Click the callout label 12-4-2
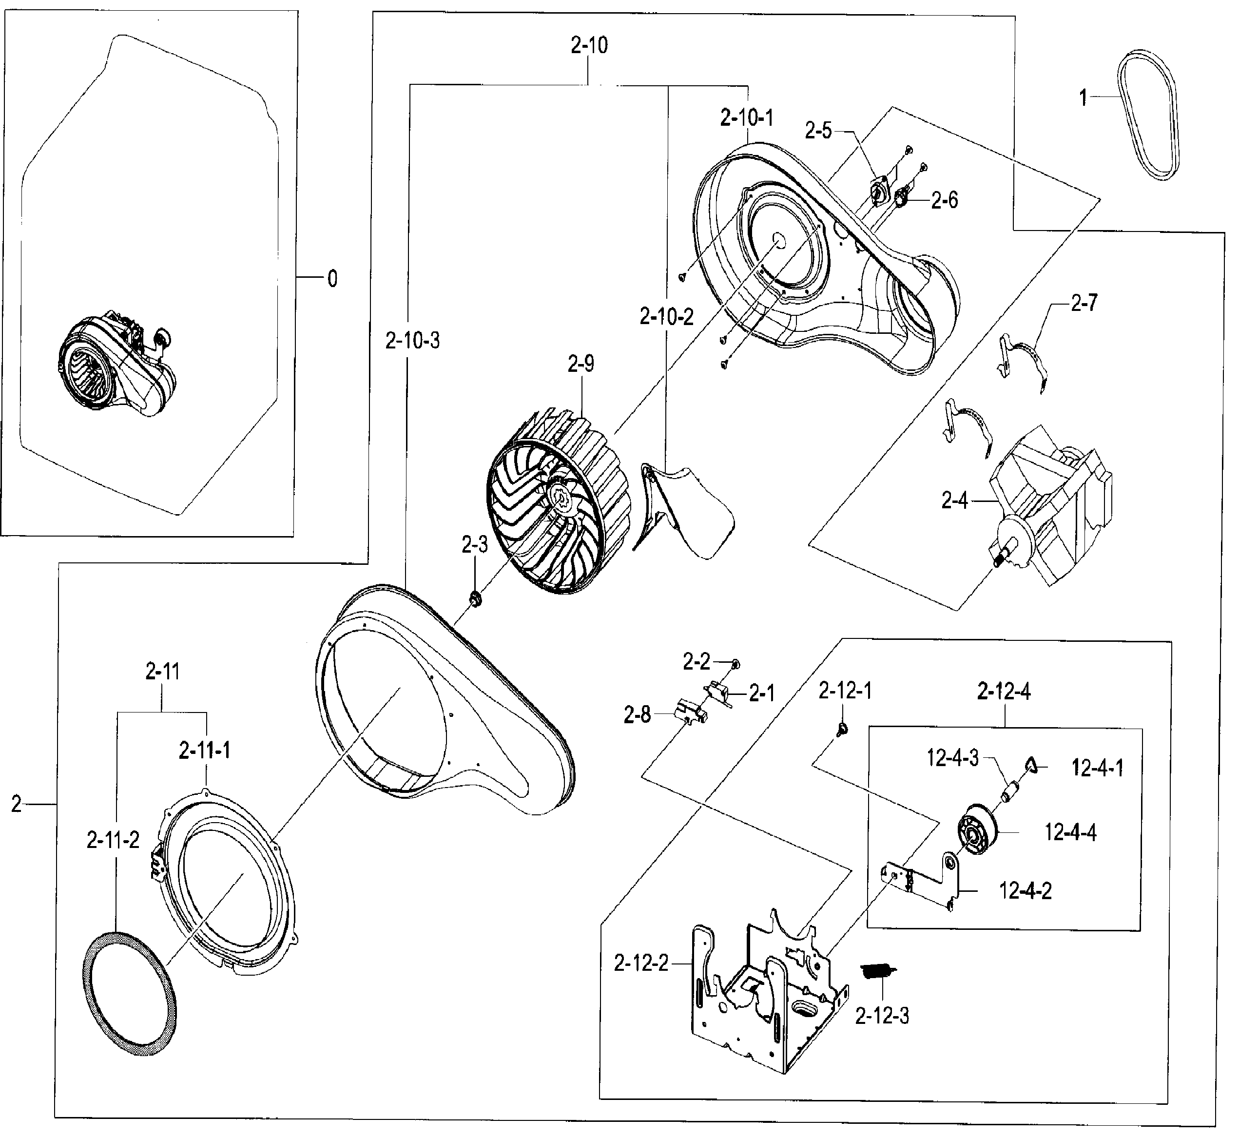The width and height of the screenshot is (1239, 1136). pyautogui.click(x=1025, y=891)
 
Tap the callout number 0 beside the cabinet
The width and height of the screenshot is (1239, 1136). pyautogui.click(x=332, y=279)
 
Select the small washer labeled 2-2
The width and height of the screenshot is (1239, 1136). pyautogui.click(x=736, y=663)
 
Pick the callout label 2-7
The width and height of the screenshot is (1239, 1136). pyautogui.click(x=1084, y=303)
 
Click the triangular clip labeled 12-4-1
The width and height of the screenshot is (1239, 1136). pyautogui.click(x=1030, y=765)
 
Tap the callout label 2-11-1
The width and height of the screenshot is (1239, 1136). pyautogui.click(x=205, y=751)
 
